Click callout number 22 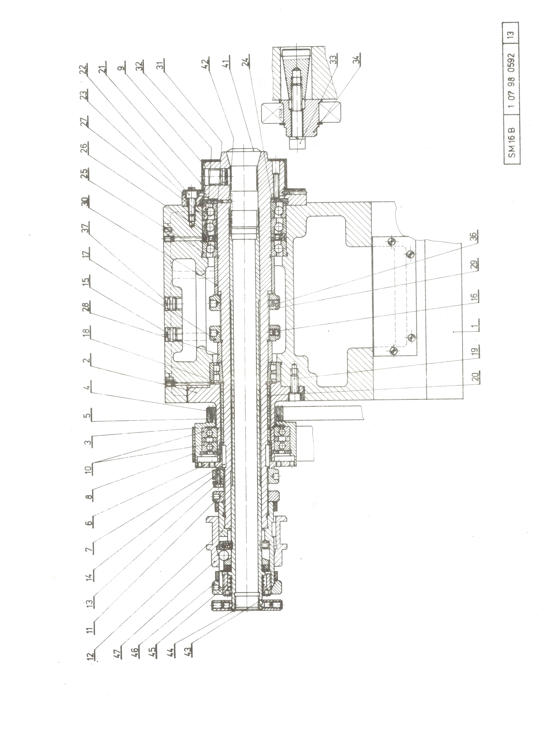[x=85, y=70]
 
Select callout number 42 [x=205, y=61]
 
